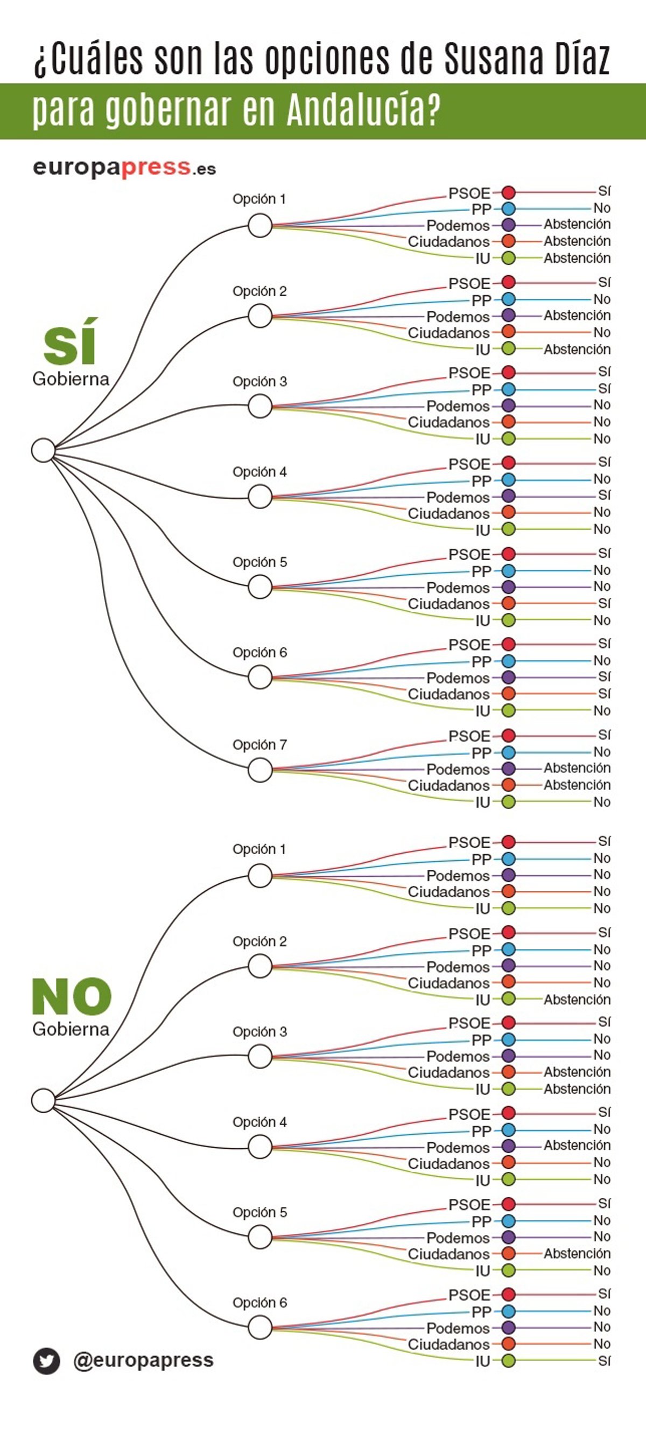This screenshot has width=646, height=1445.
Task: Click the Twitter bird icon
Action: pyautogui.click(x=46, y=1362)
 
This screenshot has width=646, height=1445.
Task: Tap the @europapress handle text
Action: pyautogui.click(x=143, y=1360)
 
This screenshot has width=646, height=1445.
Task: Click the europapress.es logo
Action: pyautogui.click(x=124, y=167)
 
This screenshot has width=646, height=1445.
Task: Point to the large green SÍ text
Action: pyautogui.click(x=69, y=341)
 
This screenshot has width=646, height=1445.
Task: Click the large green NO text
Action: pyautogui.click(x=71, y=996)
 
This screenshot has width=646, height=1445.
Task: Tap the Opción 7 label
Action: pyautogui.click(x=259, y=745)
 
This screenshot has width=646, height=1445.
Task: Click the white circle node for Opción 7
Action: pyautogui.click(x=260, y=770)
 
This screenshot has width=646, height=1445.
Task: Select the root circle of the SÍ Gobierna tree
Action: pyautogui.click(x=43, y=450)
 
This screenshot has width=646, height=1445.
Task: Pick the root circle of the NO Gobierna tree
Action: pyautogui.click(x=43, y=1100)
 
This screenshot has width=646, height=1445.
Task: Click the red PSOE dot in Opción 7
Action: pyautogui.click(x=508, y=735)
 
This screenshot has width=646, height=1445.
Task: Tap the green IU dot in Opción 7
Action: pyautogui.click(x=508, y=801)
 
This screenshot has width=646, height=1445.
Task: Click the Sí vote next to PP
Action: pyautogui.click(x=603, y=389)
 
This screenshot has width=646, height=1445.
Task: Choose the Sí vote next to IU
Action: pyautogui.click(x=603, y=1360)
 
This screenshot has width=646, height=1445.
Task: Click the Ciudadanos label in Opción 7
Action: pyautogui.click(x=448, y=785)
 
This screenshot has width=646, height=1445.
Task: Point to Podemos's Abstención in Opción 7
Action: pyautogui.click(x=577, y=768)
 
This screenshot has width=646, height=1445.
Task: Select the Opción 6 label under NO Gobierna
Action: pyautogui.click(x=259, y=1302)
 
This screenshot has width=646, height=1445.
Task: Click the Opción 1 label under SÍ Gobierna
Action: pyautogui.click(x=259, y=199)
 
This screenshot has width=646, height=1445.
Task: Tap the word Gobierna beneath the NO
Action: pyautogui.click(x=71, y=1029)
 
